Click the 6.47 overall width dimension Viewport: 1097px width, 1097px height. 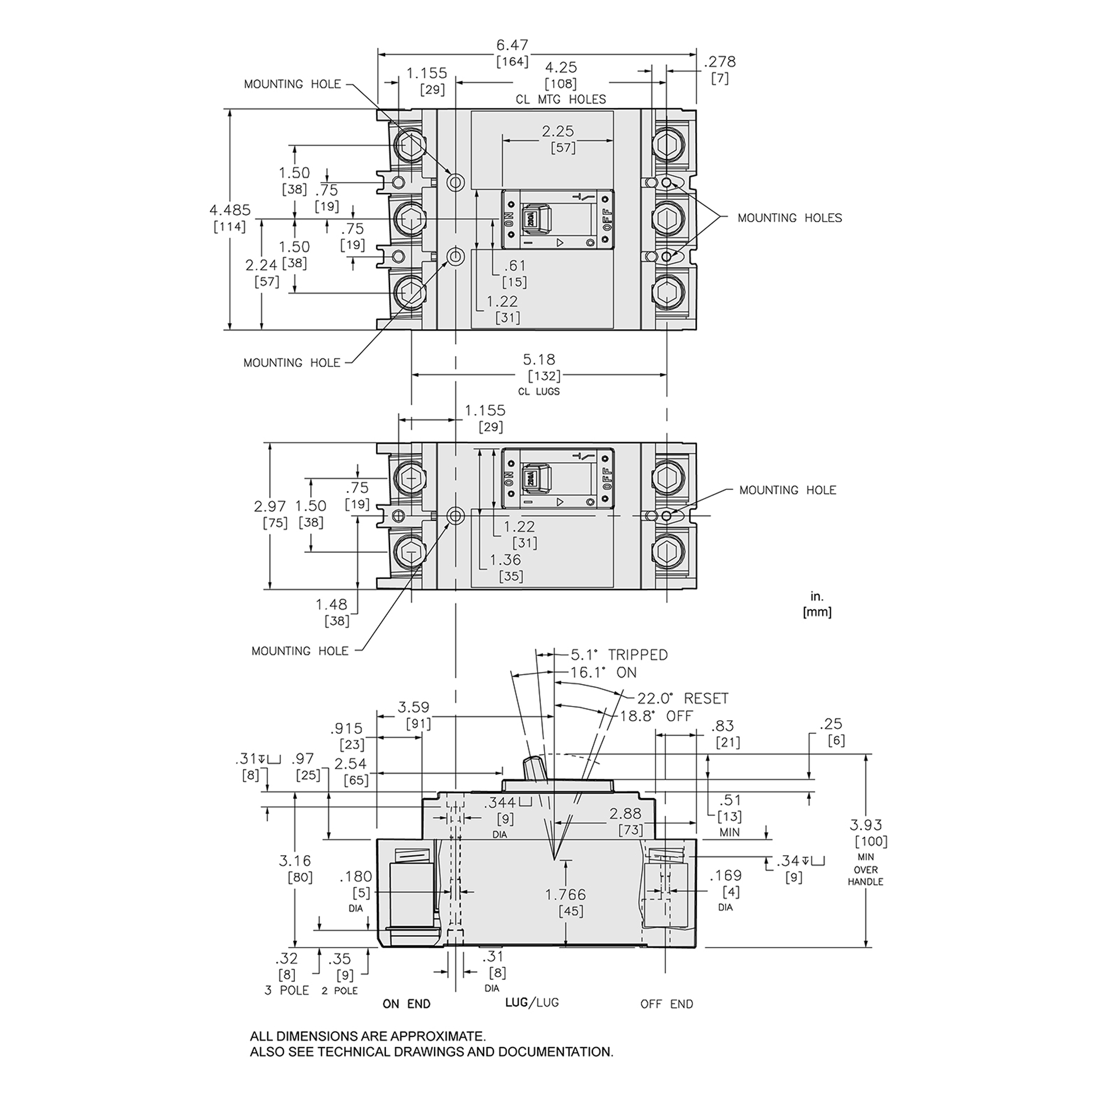tap(512, 45)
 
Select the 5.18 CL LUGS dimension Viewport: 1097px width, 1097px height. tap(539, 359)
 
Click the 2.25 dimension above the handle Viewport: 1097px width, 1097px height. tap(558, 131)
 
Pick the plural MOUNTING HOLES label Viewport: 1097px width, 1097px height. tap(789, 218)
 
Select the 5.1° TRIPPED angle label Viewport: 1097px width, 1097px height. tap(619, 655)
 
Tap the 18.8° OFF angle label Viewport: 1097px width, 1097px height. tap(656, 716)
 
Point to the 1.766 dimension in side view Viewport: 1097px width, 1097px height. tap(565, 895)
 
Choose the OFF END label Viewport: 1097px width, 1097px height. tap(666, 1004)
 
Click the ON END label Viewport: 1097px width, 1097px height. tap(407, 1004)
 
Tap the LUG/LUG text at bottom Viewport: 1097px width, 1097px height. tap(531, 1003)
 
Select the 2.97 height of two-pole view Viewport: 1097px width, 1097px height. tap(270, 507)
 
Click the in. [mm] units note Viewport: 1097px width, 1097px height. tap(817, 604)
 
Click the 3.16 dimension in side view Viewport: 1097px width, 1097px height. tap(294, 861)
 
